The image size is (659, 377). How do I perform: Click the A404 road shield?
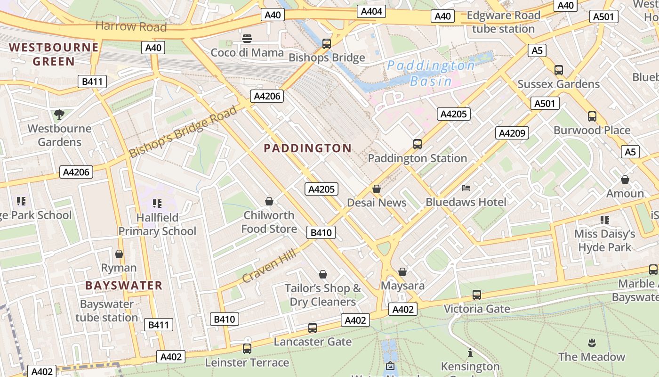pos(371,11)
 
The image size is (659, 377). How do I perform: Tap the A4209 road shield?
pos(512,133)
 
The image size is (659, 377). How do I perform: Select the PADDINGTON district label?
pos(307,148)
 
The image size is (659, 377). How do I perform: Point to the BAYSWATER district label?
pos(124,286)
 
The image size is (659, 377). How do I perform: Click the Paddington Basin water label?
pos(431,73)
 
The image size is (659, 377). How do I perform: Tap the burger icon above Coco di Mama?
pos(247,38)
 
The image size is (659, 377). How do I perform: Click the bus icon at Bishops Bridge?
pos(327,44)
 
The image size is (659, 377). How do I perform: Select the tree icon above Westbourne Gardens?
pos(59,114)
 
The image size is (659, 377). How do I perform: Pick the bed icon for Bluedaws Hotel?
pos(466,188)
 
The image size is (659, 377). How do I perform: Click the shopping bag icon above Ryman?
pos(119,254)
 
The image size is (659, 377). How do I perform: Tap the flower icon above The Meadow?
pos(592,343)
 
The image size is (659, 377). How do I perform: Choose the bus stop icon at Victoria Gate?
pos(477,295)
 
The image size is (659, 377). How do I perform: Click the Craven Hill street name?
pos(269,266)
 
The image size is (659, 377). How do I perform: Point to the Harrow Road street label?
pos(131,26)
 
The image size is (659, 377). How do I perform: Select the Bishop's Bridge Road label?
pos(183,132)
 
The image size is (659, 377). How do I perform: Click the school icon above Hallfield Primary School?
pos(157,204)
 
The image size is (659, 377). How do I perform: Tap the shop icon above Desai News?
pos(377,189)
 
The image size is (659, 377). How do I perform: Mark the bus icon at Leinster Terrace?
pos(247,349)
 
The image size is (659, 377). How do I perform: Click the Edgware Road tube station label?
pos(503,22)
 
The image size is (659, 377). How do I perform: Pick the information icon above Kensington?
pos(470,352)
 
